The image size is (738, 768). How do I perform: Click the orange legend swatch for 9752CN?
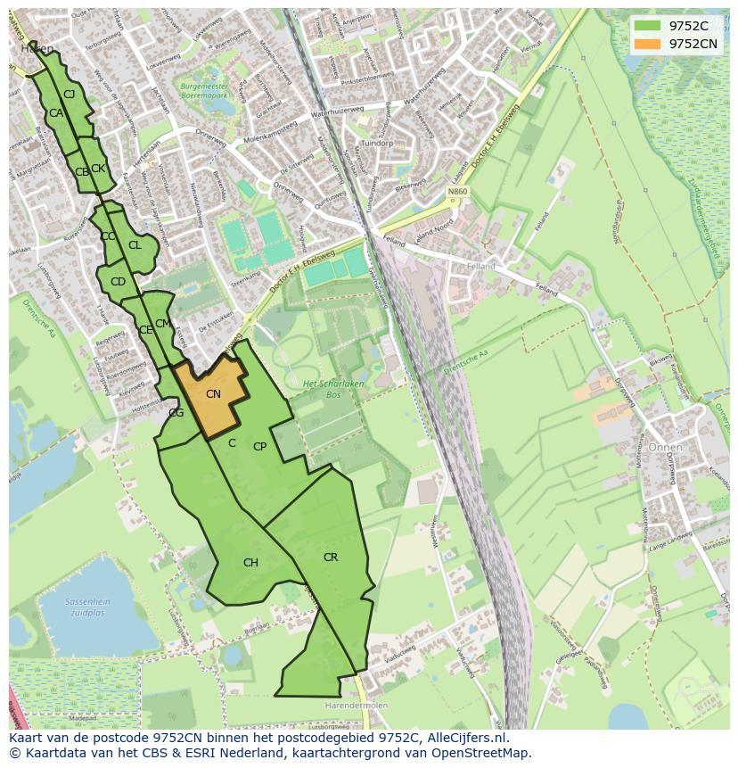[648, 44]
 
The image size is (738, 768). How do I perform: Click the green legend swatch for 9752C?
[648, 26]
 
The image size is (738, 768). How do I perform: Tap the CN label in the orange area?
[213, 393]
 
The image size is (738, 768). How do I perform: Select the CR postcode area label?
[331, 557]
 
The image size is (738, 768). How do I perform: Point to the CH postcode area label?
[250, 563]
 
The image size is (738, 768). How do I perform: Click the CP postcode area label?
[259, 447]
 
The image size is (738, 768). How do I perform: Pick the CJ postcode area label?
[69, 95]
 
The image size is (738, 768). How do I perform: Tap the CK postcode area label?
[98, 169]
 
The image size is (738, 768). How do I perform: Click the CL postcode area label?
[135, 245]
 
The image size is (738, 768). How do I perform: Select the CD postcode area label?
[118, 282]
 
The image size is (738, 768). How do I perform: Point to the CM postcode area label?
[162, 324]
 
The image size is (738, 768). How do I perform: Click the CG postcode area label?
[176, 413]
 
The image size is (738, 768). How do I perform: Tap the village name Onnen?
[666, 447]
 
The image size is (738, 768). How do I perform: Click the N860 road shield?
[457, 192]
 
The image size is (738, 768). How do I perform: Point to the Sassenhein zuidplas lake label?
[87, 607]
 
